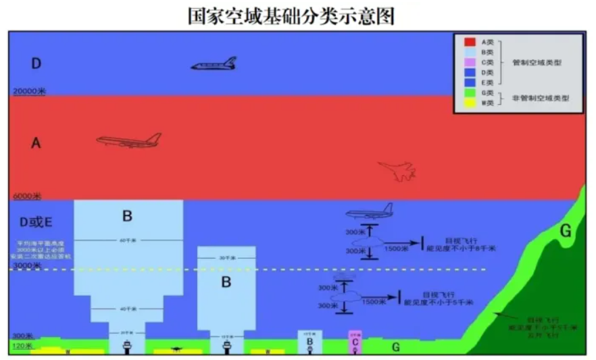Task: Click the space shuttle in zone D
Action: point(214,64)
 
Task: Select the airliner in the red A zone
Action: point(128,140)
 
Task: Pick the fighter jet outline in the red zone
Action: point(397,170)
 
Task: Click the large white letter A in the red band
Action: point(36,143)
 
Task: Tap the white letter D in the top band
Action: point(36,63)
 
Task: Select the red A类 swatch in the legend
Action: point(468,42)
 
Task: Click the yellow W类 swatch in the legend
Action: point(468,103)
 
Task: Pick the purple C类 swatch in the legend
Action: point(468,62)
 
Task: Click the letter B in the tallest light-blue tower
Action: point(127,216)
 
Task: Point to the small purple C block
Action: point(355,342)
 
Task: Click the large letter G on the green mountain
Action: point(565,231)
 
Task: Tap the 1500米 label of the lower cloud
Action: point(372,301)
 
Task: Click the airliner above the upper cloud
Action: point(369,212)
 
